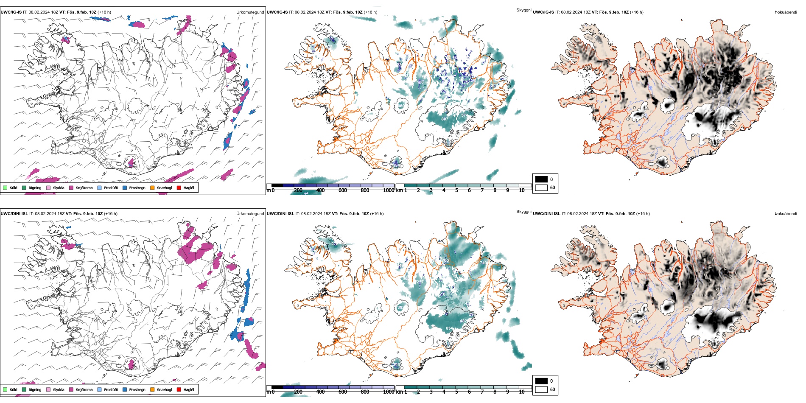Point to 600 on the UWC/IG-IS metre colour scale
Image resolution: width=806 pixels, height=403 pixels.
pyautogui.click(x=343, y=190)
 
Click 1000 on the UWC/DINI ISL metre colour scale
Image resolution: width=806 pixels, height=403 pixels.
pyautogui.click(x=389, y=392)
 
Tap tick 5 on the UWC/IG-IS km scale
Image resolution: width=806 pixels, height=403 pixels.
pyautogui.click(x=456, y=190)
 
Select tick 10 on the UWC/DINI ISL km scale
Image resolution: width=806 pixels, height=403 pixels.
pyautogui.click(x=522, y=392)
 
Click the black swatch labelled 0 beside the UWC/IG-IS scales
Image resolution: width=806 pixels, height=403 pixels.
pyautogui.click(x=541, y=179)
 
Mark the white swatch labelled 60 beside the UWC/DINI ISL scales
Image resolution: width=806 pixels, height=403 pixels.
pyautogui.click(x=541, y=389)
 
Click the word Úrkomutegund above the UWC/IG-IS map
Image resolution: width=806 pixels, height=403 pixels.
pyautogui.click(x=250, y=12)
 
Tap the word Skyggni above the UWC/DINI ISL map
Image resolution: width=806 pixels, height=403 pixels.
pyautogui.click(x=523, y=211)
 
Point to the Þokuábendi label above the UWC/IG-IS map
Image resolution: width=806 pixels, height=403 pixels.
pyautogui.click(x=786, y=12)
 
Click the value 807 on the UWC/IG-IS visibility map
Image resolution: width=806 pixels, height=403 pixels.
pyautogui.click(x=445, y=119)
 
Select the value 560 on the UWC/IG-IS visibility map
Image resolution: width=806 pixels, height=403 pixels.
pyautogui.click(x=401, y=106)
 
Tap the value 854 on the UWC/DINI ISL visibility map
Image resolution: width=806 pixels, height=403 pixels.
pyautogui.click(x=449, y=328)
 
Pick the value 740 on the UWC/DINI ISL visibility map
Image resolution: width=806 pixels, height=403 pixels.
pyautogui.click(x=483, y=263)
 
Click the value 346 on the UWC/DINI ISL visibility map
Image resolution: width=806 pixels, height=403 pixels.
pyautogui.click(x=397, y=365)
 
